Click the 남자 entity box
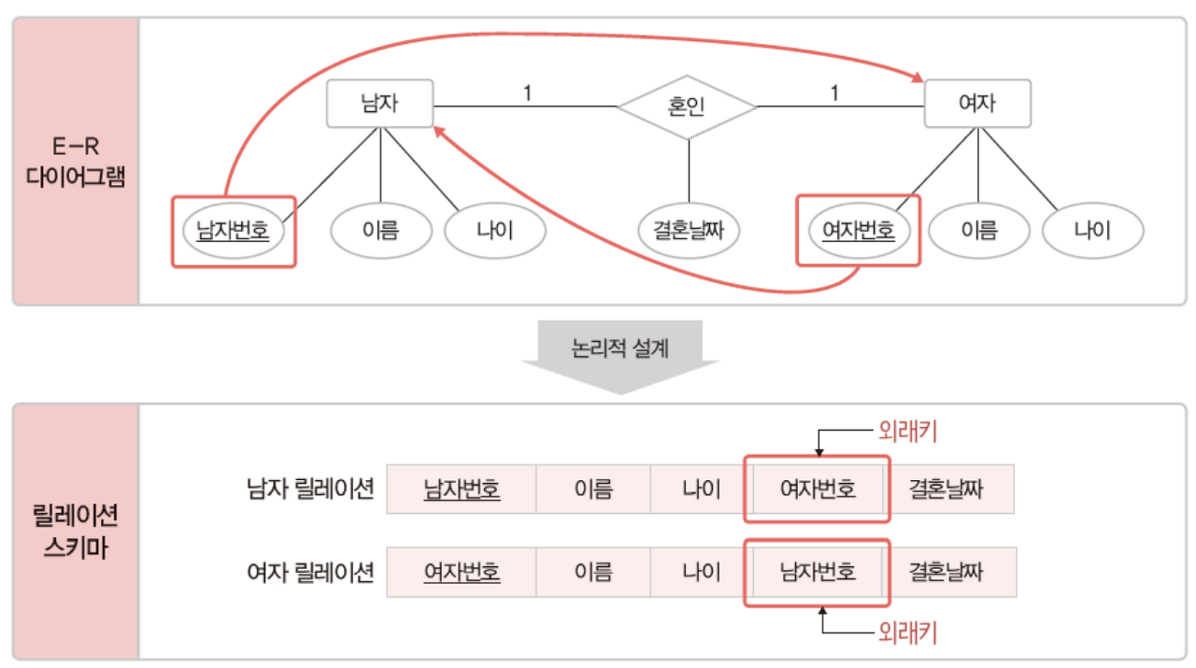[379, 104]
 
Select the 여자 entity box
[977, 104]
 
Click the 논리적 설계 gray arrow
[620, 352]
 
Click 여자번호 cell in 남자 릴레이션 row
[818, 489]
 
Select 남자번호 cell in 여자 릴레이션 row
[818, 571]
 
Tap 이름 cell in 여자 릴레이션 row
[593, 571]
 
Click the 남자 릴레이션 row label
[311, 489]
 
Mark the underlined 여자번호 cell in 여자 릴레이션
[462, 571]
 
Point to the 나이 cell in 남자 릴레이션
[701, 489]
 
